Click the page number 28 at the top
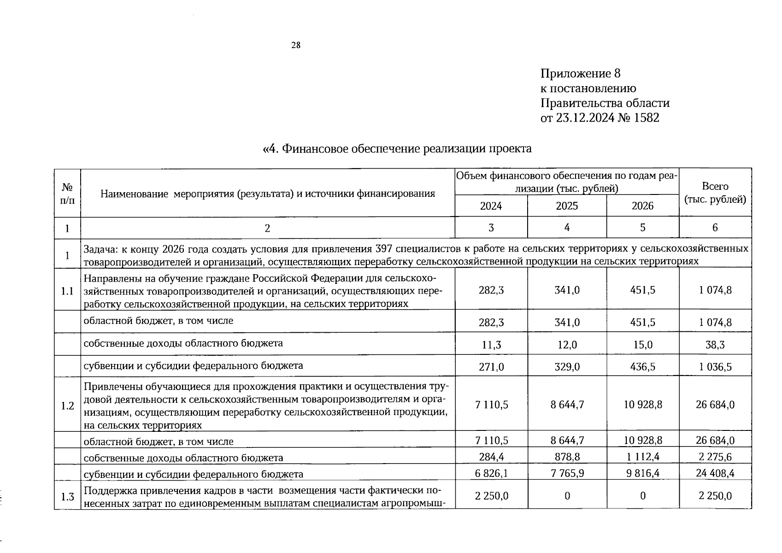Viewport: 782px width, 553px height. (296, 45)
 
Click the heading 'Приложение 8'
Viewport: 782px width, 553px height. (581, 74)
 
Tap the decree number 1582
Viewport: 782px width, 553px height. (647, 118)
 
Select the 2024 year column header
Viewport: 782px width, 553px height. (491, 206)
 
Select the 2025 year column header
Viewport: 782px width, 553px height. (567, 206)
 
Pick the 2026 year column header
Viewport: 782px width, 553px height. (642, 206)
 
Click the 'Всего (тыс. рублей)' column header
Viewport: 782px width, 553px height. (715, 193)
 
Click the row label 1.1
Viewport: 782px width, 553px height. (67, 291)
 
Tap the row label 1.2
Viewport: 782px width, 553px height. (67, 406)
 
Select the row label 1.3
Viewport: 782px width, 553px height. (67, 497)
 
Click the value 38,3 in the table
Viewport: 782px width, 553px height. (715, 345)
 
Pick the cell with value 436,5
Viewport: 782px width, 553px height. (642, 367)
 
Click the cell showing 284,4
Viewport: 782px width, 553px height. (491, 457)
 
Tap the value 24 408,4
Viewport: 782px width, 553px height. (715, 473)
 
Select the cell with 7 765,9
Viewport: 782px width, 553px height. (567, 473)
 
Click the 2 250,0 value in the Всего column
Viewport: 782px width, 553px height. (715, 496)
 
